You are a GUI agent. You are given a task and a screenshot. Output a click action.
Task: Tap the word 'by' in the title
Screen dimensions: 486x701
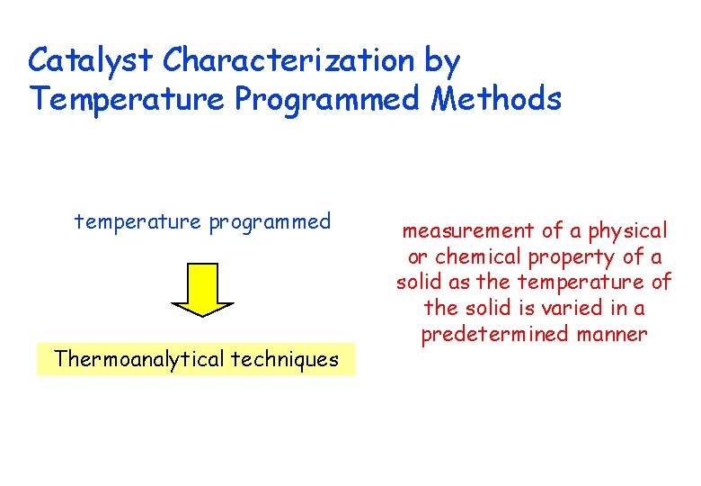tap(441, 62)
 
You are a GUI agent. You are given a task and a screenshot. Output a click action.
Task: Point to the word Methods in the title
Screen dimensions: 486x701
tap(496, 98)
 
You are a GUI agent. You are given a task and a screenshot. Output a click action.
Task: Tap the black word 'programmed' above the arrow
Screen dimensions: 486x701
tap(271, 222)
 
